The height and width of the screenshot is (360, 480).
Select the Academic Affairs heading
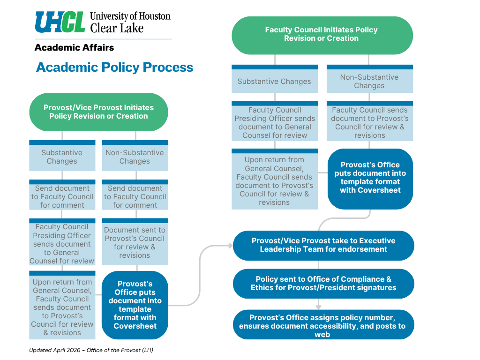(x=74, y=47)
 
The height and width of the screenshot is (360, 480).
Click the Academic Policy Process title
(x=114, y=67)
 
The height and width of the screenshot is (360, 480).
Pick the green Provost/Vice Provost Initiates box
(x=98, y=112)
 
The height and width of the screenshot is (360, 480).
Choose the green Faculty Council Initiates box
(x=322, y=34)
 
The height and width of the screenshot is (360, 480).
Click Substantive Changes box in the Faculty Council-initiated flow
(x=274, y=81)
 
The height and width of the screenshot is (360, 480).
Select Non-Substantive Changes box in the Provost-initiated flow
(x=135, y=157)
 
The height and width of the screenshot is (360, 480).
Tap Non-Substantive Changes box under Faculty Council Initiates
(x=369, y=81)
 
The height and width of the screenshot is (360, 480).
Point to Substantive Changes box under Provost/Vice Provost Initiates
(x=62, y=157)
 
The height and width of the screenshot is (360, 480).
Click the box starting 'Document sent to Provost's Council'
(x=135, y=242)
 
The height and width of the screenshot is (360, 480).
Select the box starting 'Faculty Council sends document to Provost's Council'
(x=369, y=122)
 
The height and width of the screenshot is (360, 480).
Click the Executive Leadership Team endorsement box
(x=323, y=245)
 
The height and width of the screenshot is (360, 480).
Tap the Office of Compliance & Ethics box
(x=323, y=284)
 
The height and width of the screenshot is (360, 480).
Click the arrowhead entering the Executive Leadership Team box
(x=230, y=245)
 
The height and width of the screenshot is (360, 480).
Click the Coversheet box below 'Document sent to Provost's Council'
(x=135, y=305)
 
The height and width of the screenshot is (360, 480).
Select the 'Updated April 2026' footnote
(x=91, y=350)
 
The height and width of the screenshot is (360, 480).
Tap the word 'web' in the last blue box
(x=322, y=335)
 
